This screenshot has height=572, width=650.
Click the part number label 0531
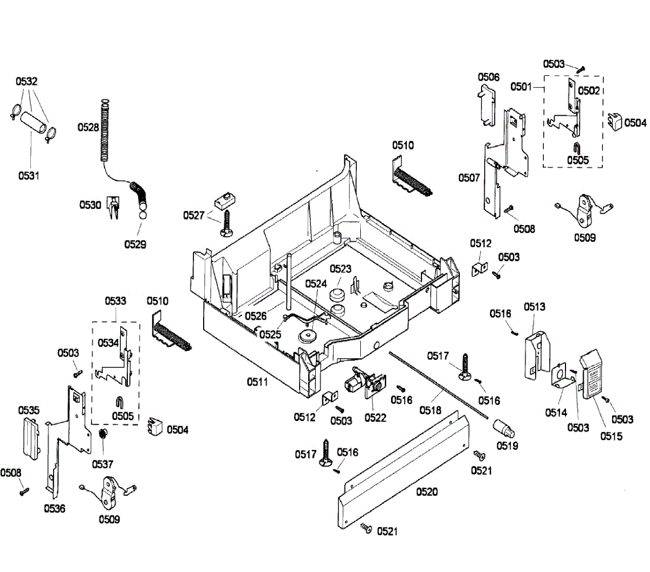pos(29,175)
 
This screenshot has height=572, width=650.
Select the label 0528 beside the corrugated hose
pos(88,127)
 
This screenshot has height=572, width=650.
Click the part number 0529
pos(135,244)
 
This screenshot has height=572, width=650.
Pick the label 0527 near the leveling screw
pos(193,215)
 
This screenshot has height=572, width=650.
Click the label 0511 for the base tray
pos(257,382)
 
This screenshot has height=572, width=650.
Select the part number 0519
pos(507,445)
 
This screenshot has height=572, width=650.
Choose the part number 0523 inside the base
pos(340,268)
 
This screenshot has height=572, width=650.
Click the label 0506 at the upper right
pos(488,77)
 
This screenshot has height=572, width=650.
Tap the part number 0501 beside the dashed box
pos(521,87)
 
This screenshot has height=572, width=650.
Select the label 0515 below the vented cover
pos(611,436)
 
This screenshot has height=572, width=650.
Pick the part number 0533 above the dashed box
pos(115,301)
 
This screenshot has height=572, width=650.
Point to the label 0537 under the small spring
pos(102,464)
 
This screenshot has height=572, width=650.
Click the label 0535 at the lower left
pos(29,410)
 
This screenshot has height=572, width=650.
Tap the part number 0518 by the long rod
pos(430,410)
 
